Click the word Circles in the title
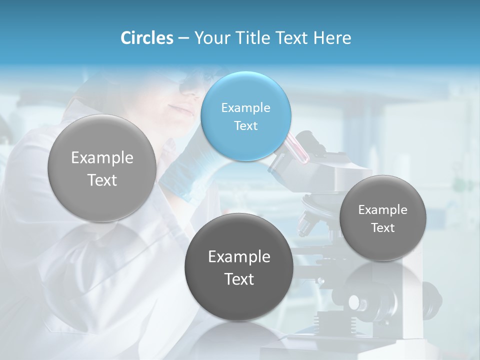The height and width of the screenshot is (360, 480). (x=146, y=38)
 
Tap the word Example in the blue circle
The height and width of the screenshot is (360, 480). (x=245, y=107)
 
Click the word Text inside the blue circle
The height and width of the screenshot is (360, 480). (x=245, y=125)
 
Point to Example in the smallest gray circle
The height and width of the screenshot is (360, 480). (x=382, y=210)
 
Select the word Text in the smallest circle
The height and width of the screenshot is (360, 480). (x=382, y=228)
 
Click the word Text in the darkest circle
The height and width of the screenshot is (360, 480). (x=238, y=279)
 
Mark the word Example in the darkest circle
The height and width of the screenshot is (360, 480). (x=238, y=257)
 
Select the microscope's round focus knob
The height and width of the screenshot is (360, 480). (x=357, y=303)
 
